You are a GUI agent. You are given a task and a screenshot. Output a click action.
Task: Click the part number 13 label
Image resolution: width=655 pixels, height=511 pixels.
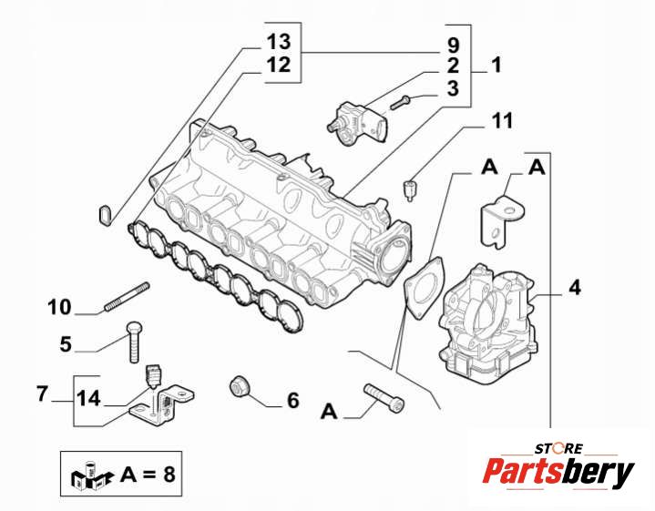[x=278, y=42]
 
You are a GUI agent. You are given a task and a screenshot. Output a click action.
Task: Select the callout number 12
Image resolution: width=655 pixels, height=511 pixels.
[x=278, y=65]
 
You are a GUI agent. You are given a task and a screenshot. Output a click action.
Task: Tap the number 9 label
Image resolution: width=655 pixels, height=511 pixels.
[x=453, y=44]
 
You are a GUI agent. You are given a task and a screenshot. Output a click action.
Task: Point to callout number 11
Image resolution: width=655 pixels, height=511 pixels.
[x=502, y=120]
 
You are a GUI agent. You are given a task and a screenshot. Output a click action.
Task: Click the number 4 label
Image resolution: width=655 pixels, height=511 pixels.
[x=574, y=288]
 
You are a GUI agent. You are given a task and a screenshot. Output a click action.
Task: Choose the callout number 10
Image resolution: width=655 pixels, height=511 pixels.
[x=59, y=307]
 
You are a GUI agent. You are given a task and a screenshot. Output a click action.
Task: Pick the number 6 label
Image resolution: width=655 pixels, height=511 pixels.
[x=292, y=400]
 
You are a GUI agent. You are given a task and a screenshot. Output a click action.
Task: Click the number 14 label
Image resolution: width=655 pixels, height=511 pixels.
[x=87, y=398]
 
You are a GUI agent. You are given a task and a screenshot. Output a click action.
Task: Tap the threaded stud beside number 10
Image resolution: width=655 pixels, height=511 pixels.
[x=127, y=299]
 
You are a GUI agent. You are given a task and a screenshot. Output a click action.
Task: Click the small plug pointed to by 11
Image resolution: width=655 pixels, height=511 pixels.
[x=410, y=191]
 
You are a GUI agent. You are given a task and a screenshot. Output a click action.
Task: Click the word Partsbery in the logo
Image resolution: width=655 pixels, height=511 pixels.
[x=558, y=473]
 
